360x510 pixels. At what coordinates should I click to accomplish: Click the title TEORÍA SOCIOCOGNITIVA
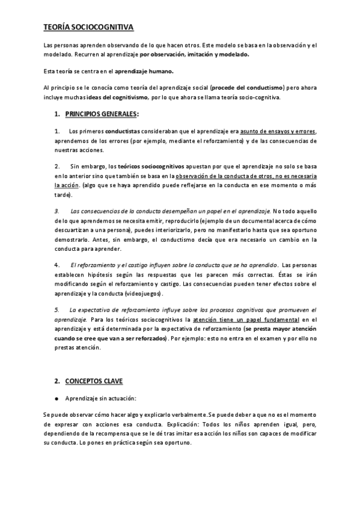[x=89, y=28]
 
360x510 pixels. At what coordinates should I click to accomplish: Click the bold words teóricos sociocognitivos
[x=150, y=165]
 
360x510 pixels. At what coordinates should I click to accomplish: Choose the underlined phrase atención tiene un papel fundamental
[x=244, y=319]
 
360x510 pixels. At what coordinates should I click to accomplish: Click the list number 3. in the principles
[x=56, y=212]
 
